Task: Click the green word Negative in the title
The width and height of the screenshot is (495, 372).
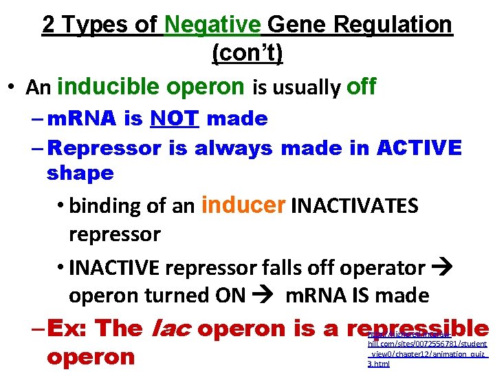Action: [212, 25]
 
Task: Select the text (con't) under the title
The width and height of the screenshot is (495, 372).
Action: [247, 53]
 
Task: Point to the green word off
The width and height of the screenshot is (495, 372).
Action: [361, 87]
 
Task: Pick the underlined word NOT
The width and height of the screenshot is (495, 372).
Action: [175, 118]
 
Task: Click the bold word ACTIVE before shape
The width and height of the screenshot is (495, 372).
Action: [419, 147]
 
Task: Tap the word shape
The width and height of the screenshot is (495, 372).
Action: [80, 173]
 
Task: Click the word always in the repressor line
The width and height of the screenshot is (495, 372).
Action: [234, 147]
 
